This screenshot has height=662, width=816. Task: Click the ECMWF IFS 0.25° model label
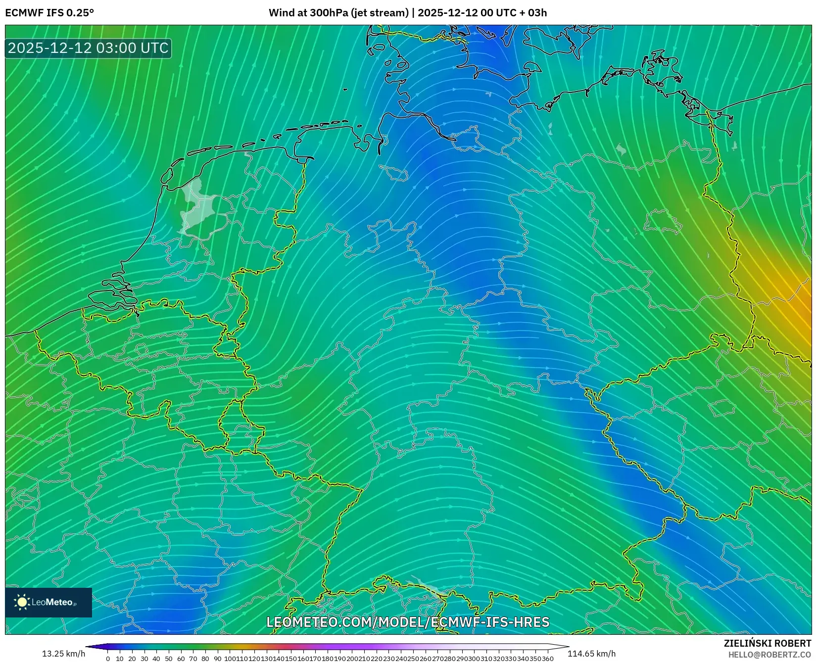tap(49, 13)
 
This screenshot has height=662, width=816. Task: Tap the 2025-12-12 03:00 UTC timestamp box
tap(88, 48)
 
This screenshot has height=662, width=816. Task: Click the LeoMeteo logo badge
tap(48, 602)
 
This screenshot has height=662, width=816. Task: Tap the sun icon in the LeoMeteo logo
tap(22, 602)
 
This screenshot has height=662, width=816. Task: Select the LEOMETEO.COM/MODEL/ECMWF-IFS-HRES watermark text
tap(408, 622)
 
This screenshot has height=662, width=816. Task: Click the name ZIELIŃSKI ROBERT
tap(767, 643)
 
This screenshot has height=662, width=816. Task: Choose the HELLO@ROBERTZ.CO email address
tap(769, 655)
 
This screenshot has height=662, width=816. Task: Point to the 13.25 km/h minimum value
tap(63, 654)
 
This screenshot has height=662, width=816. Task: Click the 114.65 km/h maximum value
tap(591, 654)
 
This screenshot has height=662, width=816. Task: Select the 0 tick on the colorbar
tap(108, 659)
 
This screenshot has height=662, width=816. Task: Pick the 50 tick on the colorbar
tap(169, 659)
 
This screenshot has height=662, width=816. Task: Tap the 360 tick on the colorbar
tap(547, 659)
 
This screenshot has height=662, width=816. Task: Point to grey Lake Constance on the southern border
tap(427, 587)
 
